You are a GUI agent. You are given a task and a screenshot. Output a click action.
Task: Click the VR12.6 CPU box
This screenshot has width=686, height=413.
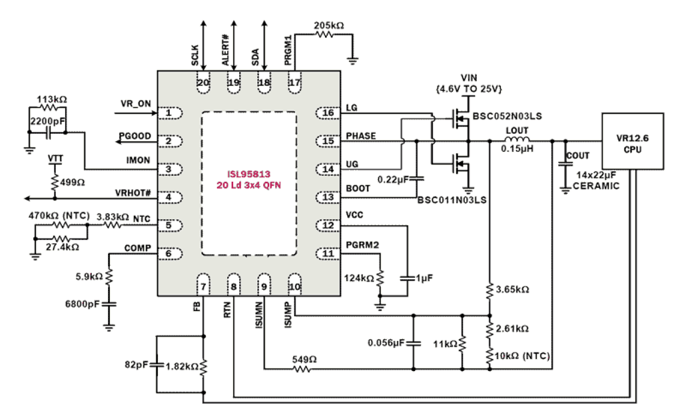point(632,141)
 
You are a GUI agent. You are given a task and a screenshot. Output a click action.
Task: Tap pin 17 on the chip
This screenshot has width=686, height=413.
point(295,83)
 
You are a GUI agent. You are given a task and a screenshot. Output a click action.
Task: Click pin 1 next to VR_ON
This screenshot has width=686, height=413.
point(169,113)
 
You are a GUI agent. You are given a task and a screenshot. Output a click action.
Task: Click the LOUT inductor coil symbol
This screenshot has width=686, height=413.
point(517,141)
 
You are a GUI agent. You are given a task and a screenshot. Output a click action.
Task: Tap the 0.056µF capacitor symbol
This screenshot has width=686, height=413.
point(413,343)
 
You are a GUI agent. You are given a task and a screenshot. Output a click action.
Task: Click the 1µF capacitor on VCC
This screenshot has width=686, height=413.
point(407,278)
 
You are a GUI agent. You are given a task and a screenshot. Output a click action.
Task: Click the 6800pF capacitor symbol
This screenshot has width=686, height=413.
point(109,303)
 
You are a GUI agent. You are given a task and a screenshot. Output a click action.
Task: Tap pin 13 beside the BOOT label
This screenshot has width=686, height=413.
point(328,197)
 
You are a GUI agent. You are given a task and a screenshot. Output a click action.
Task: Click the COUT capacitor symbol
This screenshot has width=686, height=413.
point(563,163)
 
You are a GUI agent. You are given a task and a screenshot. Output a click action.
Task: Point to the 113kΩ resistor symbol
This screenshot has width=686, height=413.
point(49,109)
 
